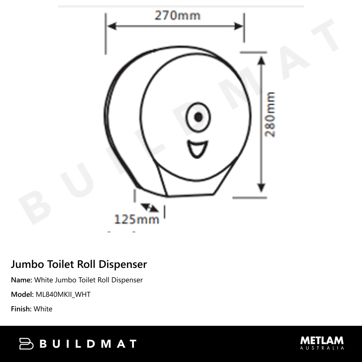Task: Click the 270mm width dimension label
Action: tap(177, 16)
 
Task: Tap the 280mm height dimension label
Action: tap(270, 114)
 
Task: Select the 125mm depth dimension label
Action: tap(136, 219)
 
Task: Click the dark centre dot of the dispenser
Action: tap(198, 117)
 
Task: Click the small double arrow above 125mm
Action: tap(150, 208)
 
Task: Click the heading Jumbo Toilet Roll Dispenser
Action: tap(79, 264)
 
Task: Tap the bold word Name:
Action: tap(22, 280)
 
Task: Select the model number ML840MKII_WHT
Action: tap(63, 294)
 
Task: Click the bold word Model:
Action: tap(22, 294)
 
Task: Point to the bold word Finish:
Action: tap(21, 309)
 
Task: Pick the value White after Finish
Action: tap(43, 309)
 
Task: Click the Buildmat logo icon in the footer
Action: tap(26, 344)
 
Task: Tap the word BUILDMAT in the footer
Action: tap(88, 344)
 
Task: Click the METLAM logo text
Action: tap(322, 341)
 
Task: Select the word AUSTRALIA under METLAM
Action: tap(322, 348)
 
